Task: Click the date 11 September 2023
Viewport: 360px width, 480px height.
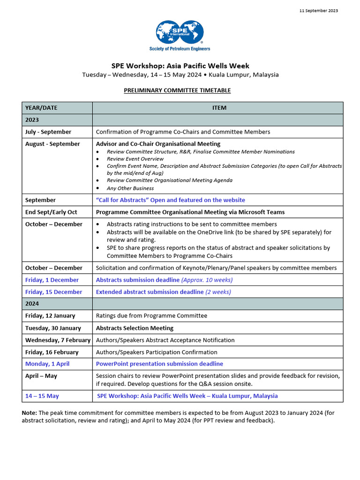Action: tap(318, 11)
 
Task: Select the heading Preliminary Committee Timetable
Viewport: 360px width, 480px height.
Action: tap(177, 90)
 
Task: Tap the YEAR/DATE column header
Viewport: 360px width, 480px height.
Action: tap(41, 108)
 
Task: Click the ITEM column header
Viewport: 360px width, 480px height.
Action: tap(219, 108)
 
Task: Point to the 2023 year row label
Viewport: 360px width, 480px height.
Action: tap(32, 120)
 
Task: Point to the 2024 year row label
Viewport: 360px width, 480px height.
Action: tap(32, 304)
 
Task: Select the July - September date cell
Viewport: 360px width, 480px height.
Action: tap(48, 132)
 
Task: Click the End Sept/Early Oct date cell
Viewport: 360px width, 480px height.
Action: tap(51, 212)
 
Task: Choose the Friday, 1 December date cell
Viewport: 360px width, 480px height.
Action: tap(52, 280)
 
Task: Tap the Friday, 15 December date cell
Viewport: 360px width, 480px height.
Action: tap(53, 292)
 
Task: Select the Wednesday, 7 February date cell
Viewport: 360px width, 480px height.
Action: tap(58, 340)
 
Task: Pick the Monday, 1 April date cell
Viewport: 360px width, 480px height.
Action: tap(47, 364)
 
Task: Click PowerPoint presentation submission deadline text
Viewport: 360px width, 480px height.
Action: tap(159, 364)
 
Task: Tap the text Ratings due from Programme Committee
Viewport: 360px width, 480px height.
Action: tap(151, 316)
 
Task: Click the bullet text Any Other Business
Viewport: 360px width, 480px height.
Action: tap(130, 188)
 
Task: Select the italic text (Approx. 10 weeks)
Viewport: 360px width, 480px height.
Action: tap(207, 280)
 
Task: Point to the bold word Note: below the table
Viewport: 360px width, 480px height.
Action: tap(30, 412)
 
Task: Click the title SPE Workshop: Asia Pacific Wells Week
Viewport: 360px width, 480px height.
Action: tap(180, 66)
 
